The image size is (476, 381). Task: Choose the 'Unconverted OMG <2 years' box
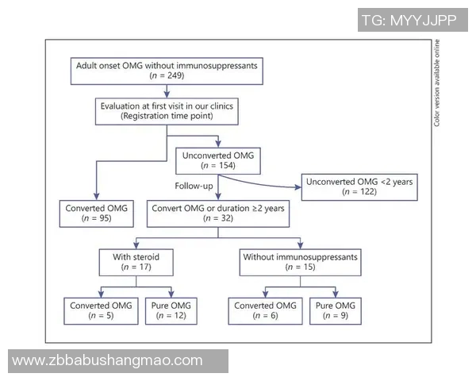tap(360, 187)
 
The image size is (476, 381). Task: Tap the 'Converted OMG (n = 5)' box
tap(99, 310)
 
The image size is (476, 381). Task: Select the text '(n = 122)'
tap(360, 193)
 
